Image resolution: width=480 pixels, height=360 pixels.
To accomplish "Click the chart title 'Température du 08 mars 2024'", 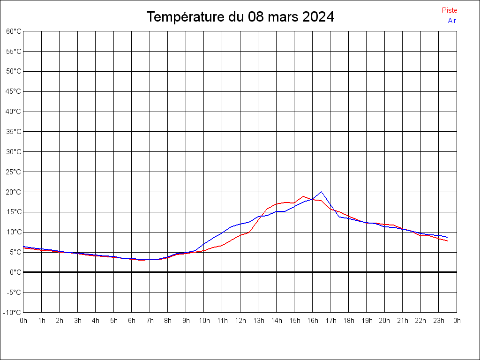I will pos(240,17).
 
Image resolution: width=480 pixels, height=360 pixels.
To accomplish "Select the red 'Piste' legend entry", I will pos(449,10).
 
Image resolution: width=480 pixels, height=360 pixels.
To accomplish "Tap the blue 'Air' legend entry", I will pos(452,21).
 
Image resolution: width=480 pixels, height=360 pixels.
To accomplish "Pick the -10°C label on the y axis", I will pos(13,312).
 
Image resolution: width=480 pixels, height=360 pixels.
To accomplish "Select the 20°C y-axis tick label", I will pos(14,192).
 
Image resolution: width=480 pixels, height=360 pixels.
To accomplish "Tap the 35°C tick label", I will pos(14,132).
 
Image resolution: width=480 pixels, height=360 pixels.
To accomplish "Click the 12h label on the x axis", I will pos(240,321).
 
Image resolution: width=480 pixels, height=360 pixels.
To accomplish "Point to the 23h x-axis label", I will pos(439,321).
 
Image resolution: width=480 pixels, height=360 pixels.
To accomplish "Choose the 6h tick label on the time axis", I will pos(132,321).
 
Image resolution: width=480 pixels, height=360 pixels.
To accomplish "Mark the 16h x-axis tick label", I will pos(312,321).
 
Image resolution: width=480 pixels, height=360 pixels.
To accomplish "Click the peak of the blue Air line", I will pos(321,192).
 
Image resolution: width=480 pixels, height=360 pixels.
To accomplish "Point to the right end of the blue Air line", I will pos(448,237).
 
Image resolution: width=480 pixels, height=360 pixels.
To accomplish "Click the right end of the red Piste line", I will pos(448,241).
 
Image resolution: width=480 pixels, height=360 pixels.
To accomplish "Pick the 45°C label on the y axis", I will pos(14,91).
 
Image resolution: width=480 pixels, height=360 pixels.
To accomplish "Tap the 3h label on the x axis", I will pos(78,321).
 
